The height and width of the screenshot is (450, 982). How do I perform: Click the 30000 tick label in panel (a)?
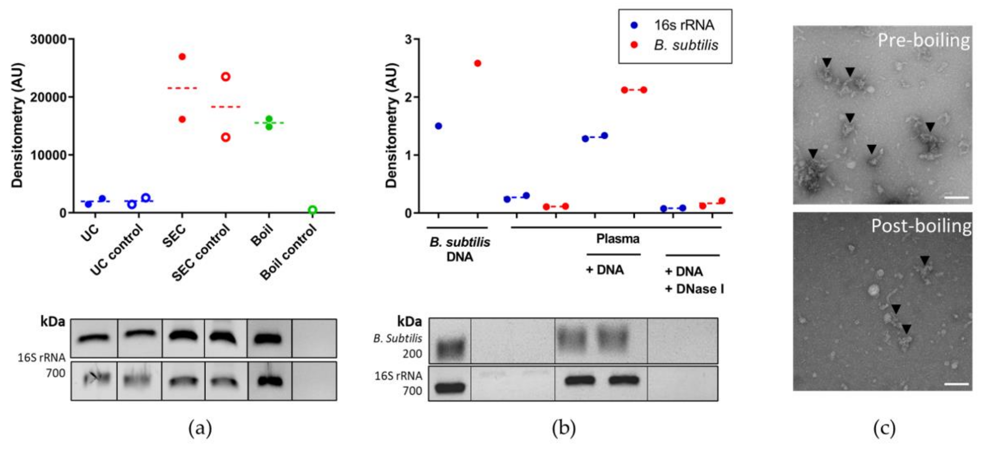[x=48, y=39]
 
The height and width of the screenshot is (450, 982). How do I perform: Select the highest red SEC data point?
[x=182, y=57]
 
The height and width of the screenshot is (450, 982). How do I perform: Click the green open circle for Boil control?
[x=313, y=210]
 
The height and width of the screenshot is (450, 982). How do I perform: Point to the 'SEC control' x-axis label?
[x=201, y=252]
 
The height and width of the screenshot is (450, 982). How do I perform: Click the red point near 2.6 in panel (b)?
[x=478, y=63]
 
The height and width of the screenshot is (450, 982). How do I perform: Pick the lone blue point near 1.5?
[x=438, y=126]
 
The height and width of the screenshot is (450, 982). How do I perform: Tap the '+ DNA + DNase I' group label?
[x=694, y=280]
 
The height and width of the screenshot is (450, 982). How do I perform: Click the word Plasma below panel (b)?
[x=617, y=239]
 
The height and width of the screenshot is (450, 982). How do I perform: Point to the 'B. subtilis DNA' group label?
[x=459, y=249]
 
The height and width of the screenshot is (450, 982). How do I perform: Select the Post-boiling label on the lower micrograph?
[x=921, y=226]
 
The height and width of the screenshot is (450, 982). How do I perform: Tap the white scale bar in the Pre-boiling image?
[x=956, y=198]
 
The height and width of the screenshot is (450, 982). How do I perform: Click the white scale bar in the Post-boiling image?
[x=956, y=384]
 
